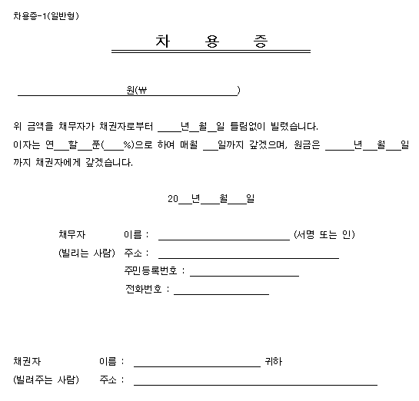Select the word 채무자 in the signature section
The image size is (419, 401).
71,234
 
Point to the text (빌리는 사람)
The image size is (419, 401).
86,253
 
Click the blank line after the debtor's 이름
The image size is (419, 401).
223,239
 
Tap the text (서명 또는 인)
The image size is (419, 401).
324,234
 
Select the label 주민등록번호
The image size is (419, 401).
150,271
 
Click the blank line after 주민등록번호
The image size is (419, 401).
244,275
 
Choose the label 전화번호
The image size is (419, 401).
145,290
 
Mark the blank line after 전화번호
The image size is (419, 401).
222,293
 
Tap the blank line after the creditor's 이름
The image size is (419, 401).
198,366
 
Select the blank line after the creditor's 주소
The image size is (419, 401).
255,383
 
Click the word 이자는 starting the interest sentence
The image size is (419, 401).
26,144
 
